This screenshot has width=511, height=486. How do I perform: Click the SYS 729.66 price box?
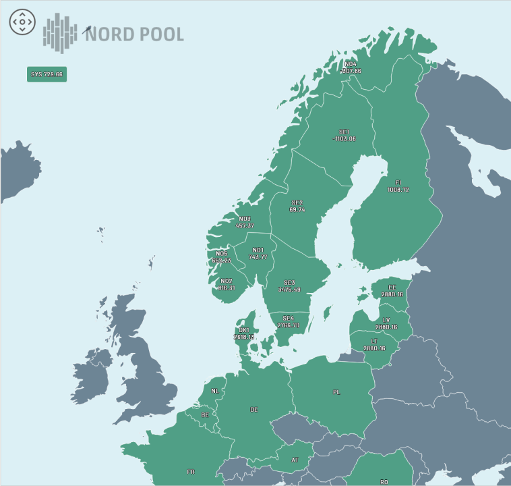click(47, 74)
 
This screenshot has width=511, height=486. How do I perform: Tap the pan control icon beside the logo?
click(22, 22)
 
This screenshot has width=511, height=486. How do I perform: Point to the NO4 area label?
click(351, 64)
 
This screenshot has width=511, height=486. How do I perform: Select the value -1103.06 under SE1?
click(344, 138)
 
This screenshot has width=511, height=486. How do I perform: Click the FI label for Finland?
click(398, 182)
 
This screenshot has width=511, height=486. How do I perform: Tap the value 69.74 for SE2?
click(297, 210)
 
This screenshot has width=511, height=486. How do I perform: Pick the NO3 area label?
click(245, 219)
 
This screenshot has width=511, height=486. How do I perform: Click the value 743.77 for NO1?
click(258, 257)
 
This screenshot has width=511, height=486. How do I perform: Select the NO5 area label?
click(222, 254)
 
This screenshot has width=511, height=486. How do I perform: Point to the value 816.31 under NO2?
click(227, 288)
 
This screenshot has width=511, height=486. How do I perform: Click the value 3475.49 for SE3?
click(289, 290)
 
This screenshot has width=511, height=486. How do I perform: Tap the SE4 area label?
click(289, 318)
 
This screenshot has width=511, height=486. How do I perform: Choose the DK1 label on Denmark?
click(244, 330)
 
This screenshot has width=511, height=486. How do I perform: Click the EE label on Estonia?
click(392, 288)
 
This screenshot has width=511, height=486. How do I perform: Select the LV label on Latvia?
click(386, 319)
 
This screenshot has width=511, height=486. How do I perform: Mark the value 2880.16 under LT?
click(374, 348)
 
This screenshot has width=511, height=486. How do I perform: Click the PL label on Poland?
click(336, 391)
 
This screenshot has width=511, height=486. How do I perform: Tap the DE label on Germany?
click(254, 410)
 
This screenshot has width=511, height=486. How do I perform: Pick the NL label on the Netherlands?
click(214, 391)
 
